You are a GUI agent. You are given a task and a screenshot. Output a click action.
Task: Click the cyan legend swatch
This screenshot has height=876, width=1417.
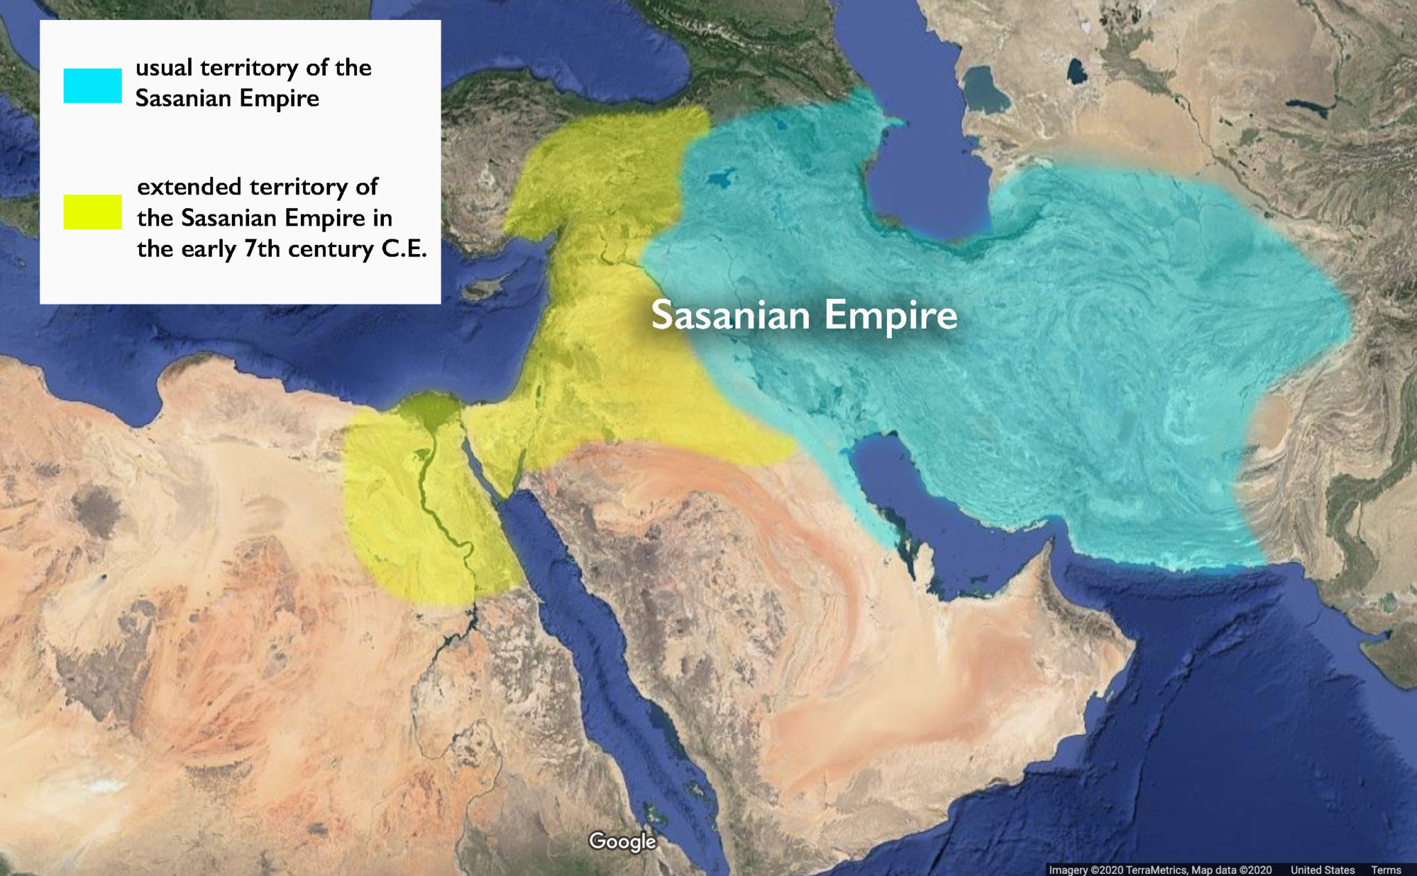coord(93,86)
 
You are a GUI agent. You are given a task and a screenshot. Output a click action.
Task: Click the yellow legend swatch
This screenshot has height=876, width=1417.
coord(93,212)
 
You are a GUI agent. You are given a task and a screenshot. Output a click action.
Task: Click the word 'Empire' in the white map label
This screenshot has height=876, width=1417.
coord(890,316)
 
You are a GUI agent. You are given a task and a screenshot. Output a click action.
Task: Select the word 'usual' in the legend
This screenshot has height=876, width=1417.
coord(164,68)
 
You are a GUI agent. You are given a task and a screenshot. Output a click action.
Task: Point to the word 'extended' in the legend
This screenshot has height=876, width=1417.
coord(189,187)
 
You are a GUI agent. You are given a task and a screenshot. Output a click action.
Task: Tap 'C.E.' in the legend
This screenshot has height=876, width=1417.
coord(404,248)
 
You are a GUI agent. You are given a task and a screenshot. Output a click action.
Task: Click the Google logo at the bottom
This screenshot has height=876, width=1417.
coord(622,841)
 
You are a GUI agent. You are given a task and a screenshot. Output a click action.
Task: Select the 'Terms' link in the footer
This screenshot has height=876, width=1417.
coord(1386,870)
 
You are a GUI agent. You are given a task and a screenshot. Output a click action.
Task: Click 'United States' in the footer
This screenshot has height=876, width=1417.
coord(1322,870)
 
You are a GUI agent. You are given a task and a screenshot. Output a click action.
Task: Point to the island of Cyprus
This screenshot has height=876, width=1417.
coord(482,289)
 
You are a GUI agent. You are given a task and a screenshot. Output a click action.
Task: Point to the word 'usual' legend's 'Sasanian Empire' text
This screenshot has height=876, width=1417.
coord(227,98)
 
